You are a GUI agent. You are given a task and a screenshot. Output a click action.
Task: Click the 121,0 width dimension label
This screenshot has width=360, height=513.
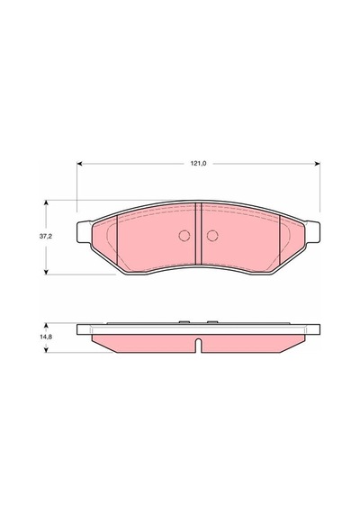(199, 164)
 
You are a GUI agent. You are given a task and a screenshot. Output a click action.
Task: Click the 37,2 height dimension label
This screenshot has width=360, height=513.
(46, 236)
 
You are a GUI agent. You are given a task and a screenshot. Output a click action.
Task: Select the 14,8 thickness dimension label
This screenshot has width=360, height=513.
(46, 337)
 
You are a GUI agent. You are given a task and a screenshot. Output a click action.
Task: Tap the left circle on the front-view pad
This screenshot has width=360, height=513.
(184, 236)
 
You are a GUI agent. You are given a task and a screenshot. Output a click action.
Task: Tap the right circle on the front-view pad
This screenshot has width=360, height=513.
(212, 236)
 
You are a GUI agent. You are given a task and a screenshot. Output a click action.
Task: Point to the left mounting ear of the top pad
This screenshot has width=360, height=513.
(84, 232)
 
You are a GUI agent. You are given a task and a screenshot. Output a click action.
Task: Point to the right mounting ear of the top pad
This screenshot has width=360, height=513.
(312, 232)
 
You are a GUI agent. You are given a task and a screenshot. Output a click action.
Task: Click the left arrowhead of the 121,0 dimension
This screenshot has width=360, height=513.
(79, 164)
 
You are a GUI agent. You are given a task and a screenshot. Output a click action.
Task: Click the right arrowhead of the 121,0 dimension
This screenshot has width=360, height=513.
(318, 164)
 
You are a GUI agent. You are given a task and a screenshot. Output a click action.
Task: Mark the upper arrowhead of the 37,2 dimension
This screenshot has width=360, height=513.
(46, 202)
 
